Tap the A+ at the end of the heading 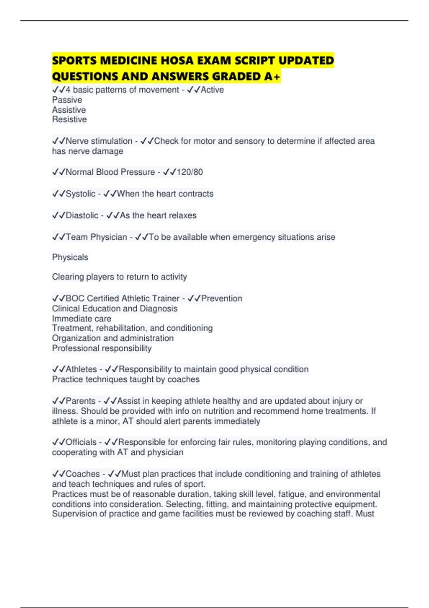tap(273, 77)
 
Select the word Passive tap(67, 100)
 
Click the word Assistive tap(69, 110)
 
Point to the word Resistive tap(69, 119)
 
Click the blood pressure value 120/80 tap(189, 172)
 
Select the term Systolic tap(80, 194)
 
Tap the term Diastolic tap(82, 215)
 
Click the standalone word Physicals tap(70, 257)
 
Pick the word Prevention tap(222, 298)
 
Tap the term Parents tap(80, 401)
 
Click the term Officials tap(81, 442)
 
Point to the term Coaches tap(83, 474)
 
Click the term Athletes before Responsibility tap(81, 369)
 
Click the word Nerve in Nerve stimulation tap(77, 141)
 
